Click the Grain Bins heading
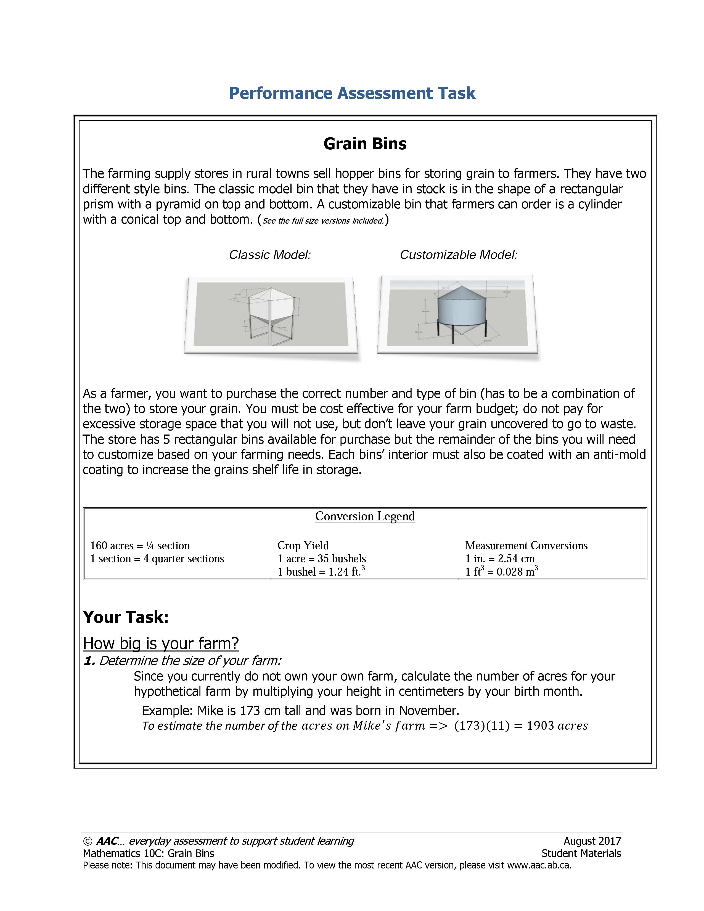pyautogui.click(x=365, y=144)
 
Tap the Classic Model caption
pyautogui.click(x=270, y=255)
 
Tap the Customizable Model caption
pyautogui.click(x=458, y=255)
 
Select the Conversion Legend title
pyautogui.click(x=365, y=517)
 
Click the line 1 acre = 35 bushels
pyautogui.click(x=322, y=559)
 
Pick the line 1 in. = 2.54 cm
pyautogui.click(x=500, y=559)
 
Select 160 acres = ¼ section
pyautogui.click(x=140, y=546)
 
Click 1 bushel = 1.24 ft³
pyautogui.click(x=321, y=572)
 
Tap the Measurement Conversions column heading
pyautogui.click(x=526, y=546)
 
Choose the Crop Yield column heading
pyautogui.click(x=303, y=546)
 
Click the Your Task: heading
pyautogui.click(x=126, y=617)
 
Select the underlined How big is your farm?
pyautogui.click(x=161, y=643)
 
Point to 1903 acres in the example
pyautogui.click(x=557, y=726)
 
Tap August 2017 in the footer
pyautogui.click(x=592, y=841)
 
